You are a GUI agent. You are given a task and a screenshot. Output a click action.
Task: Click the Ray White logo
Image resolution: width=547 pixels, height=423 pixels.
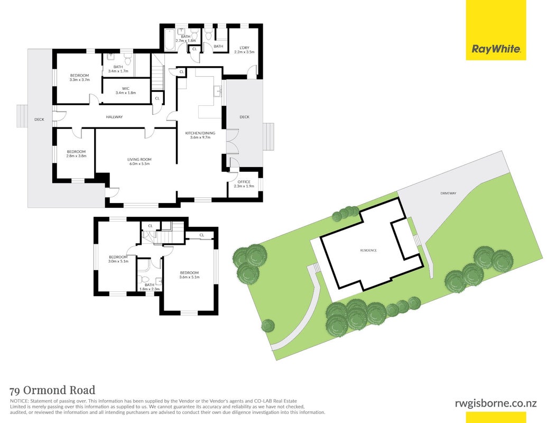pos(496,30)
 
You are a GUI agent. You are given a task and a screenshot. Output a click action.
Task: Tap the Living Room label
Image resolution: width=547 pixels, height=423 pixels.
pos(139,162)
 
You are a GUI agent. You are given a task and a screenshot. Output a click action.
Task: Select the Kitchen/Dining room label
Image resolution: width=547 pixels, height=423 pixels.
pos(200,135)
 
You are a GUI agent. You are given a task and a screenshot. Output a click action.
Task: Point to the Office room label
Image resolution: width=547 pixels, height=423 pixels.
pos(244,184)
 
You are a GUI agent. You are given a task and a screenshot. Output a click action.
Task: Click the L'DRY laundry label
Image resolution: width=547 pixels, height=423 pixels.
pos(244,50)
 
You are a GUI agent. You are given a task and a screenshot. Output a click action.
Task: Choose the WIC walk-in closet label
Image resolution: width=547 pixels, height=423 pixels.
pos(126,91)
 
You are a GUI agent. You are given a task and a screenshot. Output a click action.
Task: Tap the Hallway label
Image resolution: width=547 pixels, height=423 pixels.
pos(115,117)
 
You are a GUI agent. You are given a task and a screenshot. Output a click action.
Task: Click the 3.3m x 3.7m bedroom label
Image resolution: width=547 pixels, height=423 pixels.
pos(79,78)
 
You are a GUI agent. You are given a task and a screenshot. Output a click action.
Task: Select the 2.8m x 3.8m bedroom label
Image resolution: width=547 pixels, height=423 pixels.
pos(77,153)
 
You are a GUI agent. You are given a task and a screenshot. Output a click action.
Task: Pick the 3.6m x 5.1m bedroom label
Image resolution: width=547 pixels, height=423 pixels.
pos(189,275)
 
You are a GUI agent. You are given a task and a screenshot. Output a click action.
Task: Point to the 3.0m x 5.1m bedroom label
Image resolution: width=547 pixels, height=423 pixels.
pos(118,259)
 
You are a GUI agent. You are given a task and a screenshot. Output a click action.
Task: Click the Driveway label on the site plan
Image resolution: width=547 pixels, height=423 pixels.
pos(448,194)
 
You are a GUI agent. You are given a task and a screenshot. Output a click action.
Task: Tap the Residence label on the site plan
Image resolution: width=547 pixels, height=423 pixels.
pos(368,250)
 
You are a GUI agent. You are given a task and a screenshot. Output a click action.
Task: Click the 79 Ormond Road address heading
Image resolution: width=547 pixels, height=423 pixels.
pos(53,390)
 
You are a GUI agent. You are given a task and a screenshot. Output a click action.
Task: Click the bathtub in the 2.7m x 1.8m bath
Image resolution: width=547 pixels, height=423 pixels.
pos(170,40)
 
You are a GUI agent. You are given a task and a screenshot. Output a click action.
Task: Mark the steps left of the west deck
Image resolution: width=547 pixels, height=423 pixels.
pos(22,116)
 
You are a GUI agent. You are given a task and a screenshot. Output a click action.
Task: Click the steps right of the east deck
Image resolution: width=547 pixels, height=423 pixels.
pos(268,136)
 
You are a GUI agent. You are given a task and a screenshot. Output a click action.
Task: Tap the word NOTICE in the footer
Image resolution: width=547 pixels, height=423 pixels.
pos(20,401)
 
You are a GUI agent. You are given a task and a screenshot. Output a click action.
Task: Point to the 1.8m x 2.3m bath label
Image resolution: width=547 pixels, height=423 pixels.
pos(150,287)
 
